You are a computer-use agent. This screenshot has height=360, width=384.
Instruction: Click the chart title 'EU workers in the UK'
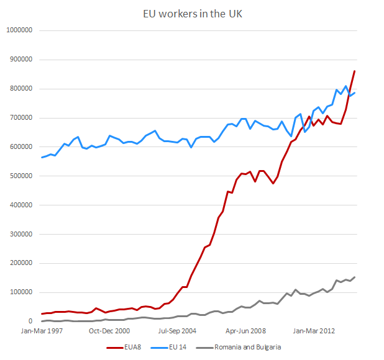pos(191,13)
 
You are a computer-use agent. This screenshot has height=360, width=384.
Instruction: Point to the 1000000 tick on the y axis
pos(19,30)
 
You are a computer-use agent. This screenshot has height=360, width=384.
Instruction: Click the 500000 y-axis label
pos(21,176)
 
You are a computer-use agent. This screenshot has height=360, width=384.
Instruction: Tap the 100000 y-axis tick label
pos(21,292)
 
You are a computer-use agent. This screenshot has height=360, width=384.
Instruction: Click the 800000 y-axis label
pos(21,89)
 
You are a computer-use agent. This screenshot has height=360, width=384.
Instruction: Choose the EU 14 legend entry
pos(174,348)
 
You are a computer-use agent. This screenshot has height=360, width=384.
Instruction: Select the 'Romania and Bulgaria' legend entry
pos(243,348)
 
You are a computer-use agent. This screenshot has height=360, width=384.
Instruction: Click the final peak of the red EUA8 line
pos(354,71)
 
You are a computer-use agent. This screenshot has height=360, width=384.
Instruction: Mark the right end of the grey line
pos(354,277)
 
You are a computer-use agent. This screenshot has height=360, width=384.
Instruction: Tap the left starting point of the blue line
pos(42,158)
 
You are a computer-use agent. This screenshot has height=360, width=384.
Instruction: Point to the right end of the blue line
pos(354,93)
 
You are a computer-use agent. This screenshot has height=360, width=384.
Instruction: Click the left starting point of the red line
pos(42,314)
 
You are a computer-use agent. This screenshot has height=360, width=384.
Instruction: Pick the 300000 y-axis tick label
pos(21,234)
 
